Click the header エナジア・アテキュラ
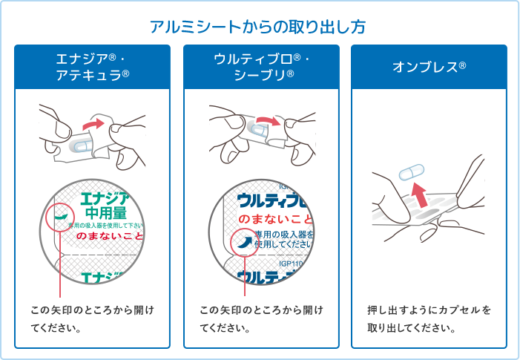[x=93, y=66]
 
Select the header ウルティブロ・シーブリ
[x=262, y=66]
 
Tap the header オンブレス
[x=429, y=67]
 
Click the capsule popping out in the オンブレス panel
[x=409, y=173]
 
